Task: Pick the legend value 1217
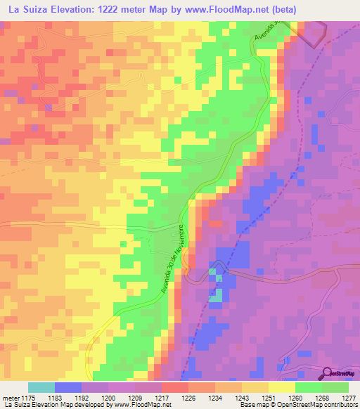[x=162, y=396]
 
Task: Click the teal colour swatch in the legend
[x=41, y=387]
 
